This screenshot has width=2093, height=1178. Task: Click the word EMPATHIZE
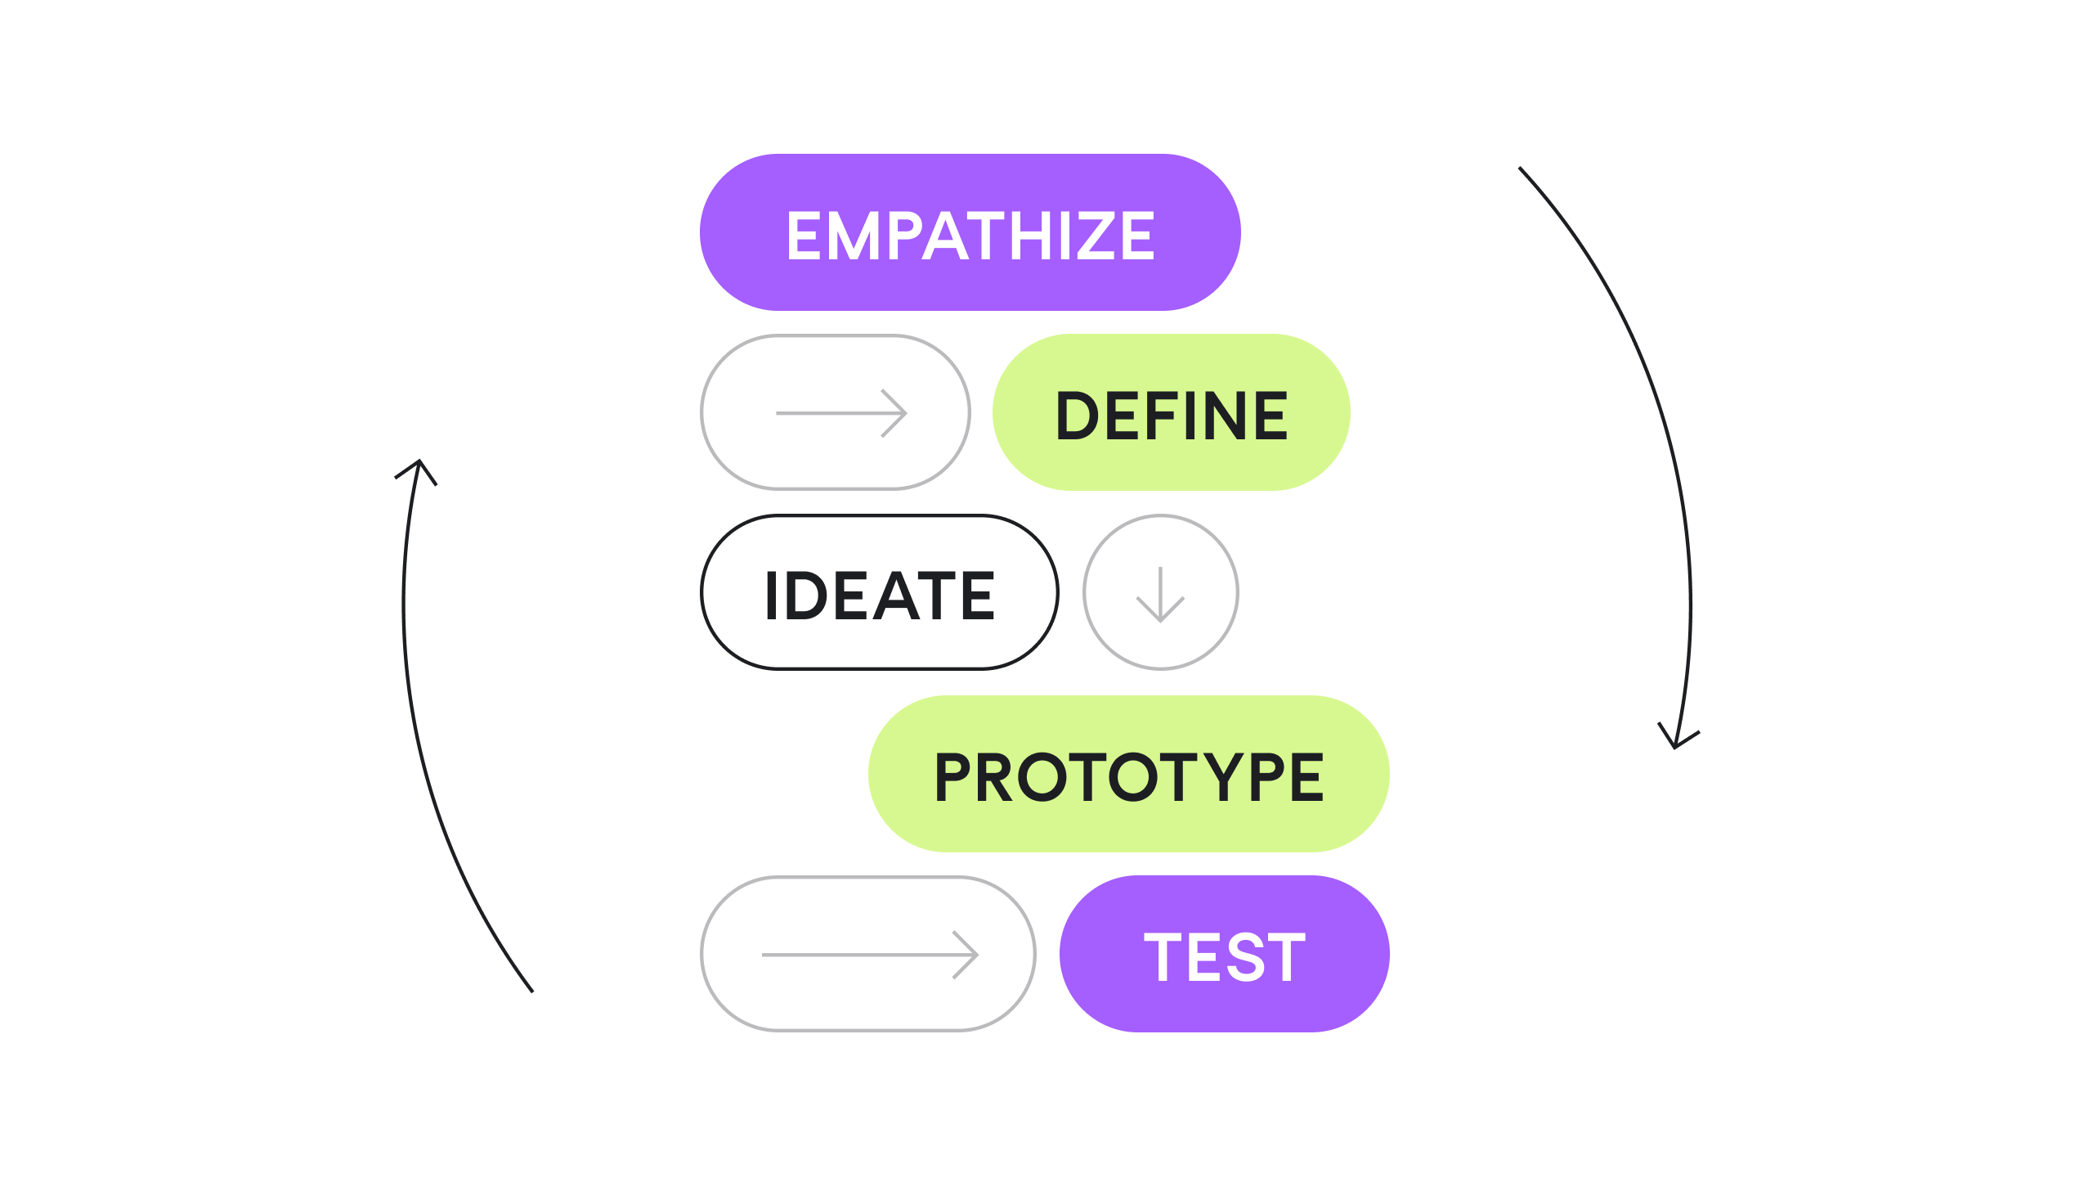970,236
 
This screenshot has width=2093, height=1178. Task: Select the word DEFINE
1172,416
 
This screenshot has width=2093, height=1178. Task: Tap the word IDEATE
880,595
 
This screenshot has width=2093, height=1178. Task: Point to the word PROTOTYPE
1129,776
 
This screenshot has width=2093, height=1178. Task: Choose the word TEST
1224,956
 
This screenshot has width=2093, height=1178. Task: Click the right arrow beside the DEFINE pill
841,413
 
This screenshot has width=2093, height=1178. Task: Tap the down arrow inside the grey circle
1160,595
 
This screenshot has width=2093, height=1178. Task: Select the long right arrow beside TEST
870,955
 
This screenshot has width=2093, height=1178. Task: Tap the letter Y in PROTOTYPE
1224,776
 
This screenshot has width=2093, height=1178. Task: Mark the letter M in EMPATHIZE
854,236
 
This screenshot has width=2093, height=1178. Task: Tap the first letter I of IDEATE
771,595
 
